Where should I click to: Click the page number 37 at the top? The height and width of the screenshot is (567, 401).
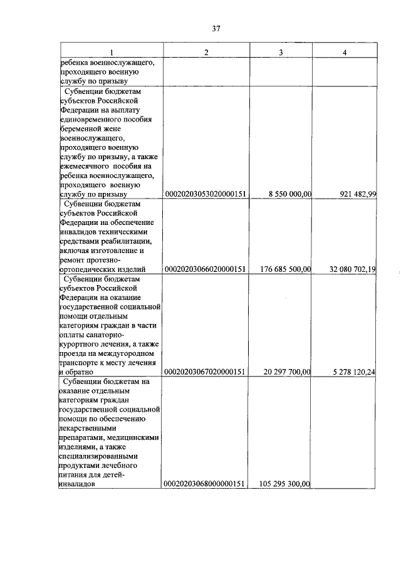tap(216, 28)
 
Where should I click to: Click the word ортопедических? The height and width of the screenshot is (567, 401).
tap(88, 269)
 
